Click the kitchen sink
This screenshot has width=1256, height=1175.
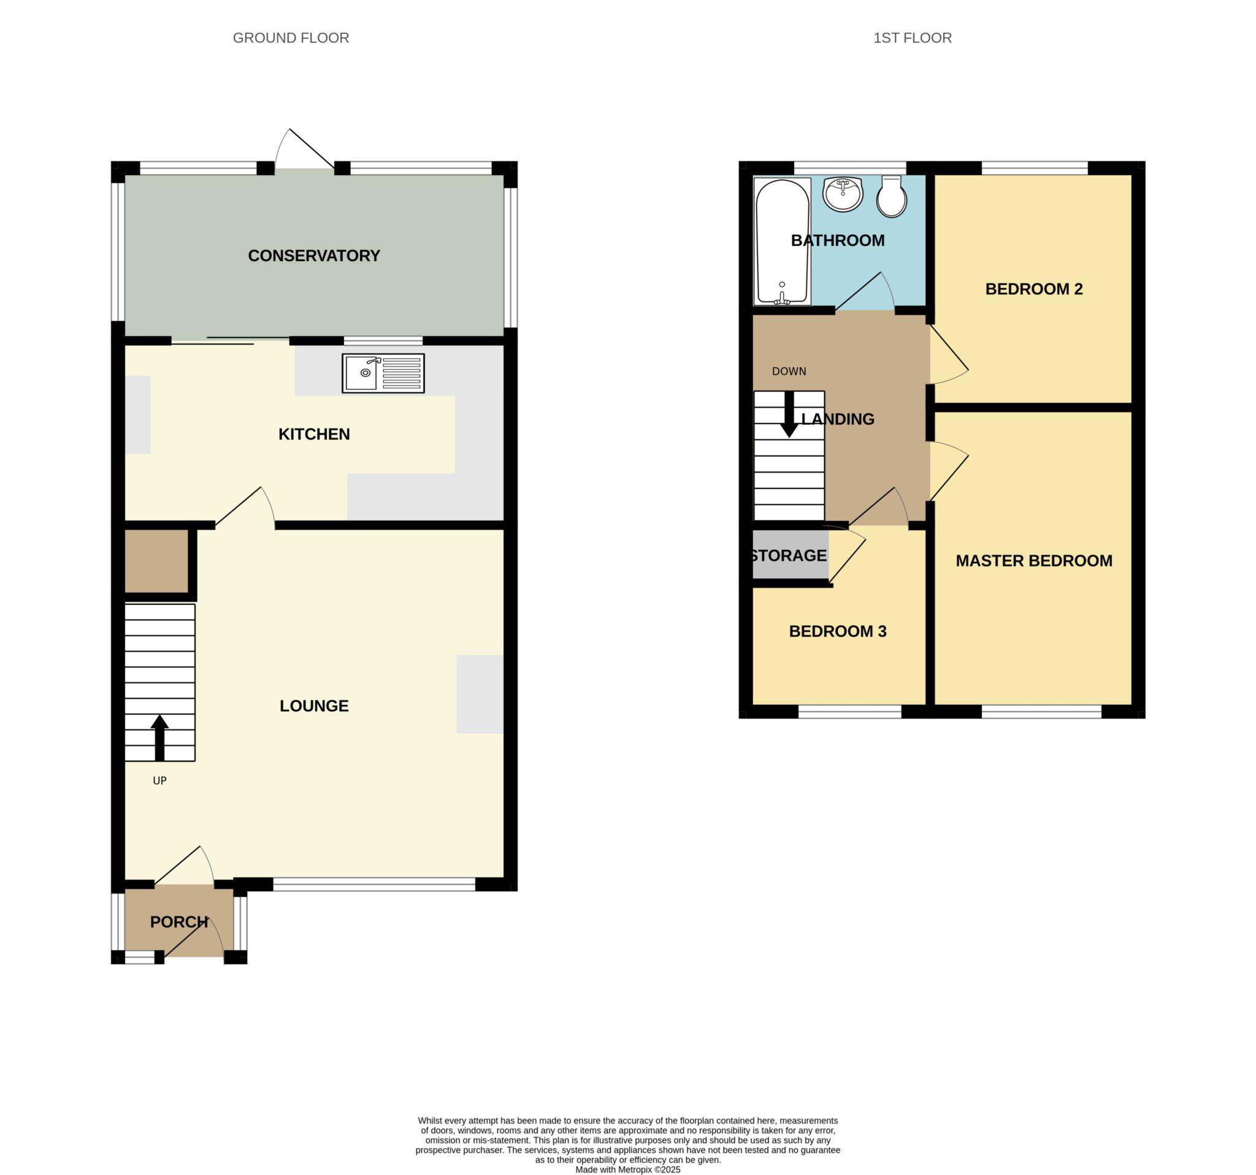pos(383,373)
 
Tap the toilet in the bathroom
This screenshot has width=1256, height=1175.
pos(892,197)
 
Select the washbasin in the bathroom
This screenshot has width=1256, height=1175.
pos(843,194)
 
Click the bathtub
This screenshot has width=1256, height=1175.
pos(782,242)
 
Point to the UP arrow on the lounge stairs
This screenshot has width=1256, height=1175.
pos(160,737)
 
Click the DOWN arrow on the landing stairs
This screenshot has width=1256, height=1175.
pos(789,415)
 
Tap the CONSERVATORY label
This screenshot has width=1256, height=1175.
pos(314,256)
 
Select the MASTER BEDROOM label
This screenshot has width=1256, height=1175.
pos(1033,561)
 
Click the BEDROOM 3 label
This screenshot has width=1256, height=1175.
pos(838,631)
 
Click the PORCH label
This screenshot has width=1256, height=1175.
pos(179,922)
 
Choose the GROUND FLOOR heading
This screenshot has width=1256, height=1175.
pos(291,38)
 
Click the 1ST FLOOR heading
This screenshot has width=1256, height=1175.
pos(913,38)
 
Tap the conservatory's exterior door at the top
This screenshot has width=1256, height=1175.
pos(305,150)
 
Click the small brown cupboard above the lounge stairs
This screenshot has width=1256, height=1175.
pos(156,561)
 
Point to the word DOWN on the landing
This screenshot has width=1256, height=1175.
pos(789,371)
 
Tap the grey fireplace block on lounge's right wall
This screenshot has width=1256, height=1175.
pos(480,694)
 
